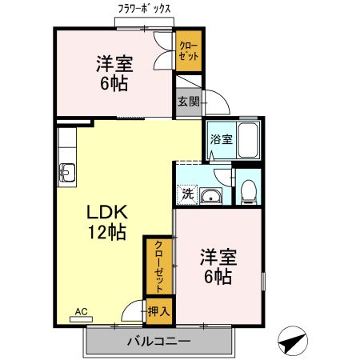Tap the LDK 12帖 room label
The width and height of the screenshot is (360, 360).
click(x=106, y=222)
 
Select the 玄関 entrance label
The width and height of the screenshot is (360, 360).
click(x=188, y=102)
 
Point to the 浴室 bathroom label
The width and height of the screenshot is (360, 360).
click(x=221, y=139)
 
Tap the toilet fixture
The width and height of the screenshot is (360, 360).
click(x=248, y=190)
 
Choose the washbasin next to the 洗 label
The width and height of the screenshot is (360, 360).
click(x=212, y=196)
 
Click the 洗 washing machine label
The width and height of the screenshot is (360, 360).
click(x=186, y=193)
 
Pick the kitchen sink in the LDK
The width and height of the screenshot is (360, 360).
click(x=66, y=171)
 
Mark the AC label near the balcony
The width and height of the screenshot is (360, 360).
click(x=81, y=310)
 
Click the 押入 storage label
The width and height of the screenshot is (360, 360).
click(x=158, y=310)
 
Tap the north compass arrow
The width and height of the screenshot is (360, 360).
click(x=291, y=342)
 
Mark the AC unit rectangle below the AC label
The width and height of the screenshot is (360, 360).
click(x=81, y=318)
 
